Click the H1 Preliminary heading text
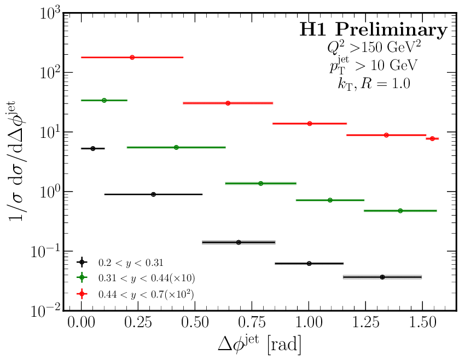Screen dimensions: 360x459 tap(373, 30)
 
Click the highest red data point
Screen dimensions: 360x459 tap(132, 57)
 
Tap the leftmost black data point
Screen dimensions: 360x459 tap(93, 148)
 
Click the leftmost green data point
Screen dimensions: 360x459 tap(104, 100)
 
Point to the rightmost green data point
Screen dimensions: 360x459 tap(400, 211)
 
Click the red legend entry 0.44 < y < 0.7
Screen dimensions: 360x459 tap(146, 294)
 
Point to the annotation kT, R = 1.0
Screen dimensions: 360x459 tap(373, 84)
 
